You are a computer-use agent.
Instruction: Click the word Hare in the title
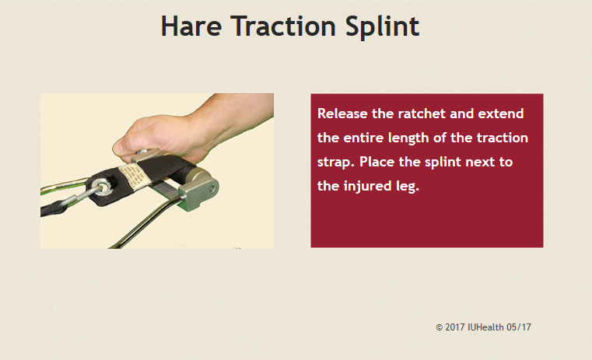pyautogui.click(x=191, y=26)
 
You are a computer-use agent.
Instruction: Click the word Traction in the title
pyautogui.click(x=283, y=26)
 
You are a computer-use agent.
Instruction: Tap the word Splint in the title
pyautogui.click(x=382, y=27)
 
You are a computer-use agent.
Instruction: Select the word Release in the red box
pyautogui.click(x=342, y=114)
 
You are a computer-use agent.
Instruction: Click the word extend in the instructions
pyautogui.click(x=501, y=114)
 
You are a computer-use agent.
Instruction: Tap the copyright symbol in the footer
pyautogui.click(x=439, y=327)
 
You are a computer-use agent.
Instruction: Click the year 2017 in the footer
pyautogui.click(x=454, y=327)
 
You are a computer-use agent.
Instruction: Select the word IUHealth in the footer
pyautogui.click(x=485, y=327)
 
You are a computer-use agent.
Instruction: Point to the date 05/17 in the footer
pyautogui.click(x=519, y=327)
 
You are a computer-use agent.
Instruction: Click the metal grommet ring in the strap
pyautogui.click(x=100, y=187)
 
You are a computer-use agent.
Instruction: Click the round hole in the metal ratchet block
pyautogui.click(x=212, y=187)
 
